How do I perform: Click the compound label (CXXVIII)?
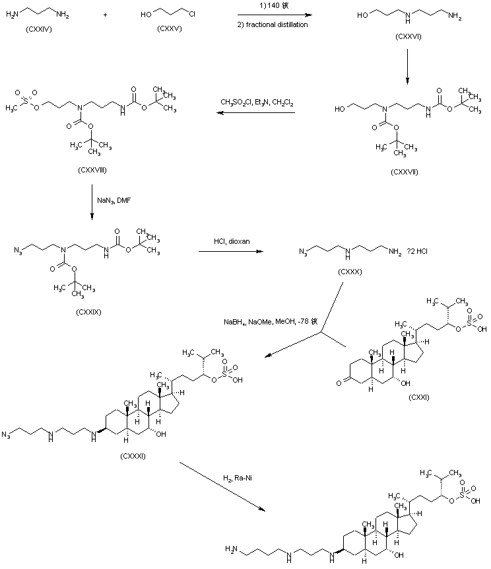coord(92,170)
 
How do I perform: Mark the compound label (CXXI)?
coord(420,397)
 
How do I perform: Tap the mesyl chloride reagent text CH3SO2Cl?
coord(235,102)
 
